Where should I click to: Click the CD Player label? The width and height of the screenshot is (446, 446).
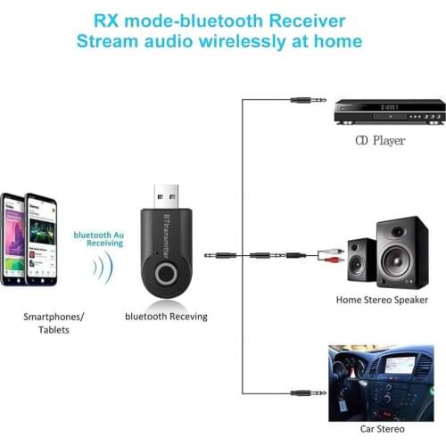coord(380,140)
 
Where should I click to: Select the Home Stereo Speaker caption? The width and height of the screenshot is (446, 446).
coord(382,300)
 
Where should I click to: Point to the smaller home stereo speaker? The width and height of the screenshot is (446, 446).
coord(359,260)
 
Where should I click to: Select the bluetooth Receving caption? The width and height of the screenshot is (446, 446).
coord(166,316)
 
